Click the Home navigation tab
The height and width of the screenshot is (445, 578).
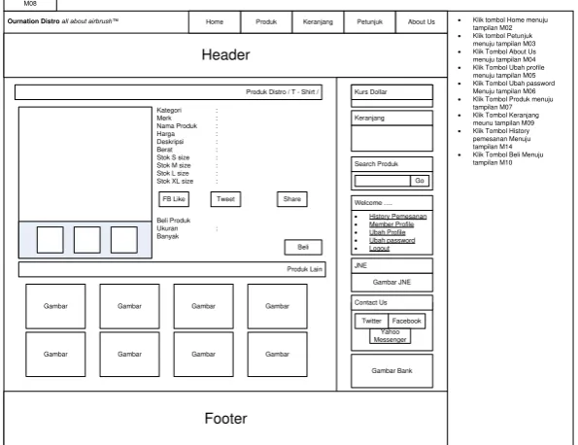pos(215,22)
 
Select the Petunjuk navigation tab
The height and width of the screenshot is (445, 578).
pos(370,22)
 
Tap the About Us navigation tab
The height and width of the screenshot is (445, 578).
pos(422,22)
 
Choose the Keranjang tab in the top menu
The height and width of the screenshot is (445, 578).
pos(318,22)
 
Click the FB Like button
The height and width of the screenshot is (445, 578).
pos(174,199)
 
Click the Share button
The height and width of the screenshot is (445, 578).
pos(292,199)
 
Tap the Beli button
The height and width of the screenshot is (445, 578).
pos(303,247)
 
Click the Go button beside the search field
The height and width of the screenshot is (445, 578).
pos(420,181)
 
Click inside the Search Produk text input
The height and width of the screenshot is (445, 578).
pos(383,181)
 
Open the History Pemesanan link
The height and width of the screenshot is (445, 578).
pos(397,217)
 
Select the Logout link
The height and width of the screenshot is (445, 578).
pos(379,248)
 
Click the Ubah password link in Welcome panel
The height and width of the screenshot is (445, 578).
pos(391,240)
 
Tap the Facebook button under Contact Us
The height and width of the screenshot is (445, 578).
pos(407,322)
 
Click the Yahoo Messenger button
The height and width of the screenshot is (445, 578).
pos(390,336)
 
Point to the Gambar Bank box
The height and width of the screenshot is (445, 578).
pos(391,371)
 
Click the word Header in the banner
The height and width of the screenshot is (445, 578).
pos(225,55)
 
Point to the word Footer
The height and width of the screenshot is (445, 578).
pos(225,419)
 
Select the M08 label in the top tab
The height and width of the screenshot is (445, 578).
pos(30,4)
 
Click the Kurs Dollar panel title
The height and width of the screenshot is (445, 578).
pos(370,92)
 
